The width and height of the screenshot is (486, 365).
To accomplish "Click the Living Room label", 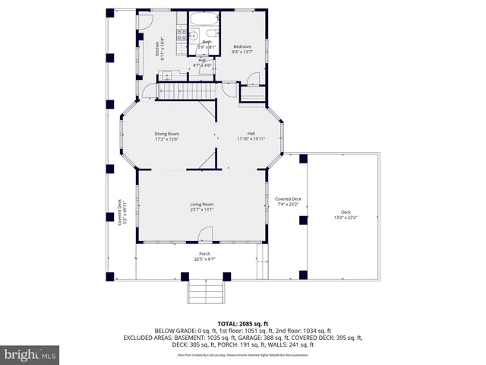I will point(201,204).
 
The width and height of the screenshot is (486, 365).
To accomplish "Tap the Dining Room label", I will point(168,133).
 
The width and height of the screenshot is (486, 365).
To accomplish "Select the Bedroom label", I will point(241,47).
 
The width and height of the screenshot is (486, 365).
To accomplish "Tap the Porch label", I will point(204,253).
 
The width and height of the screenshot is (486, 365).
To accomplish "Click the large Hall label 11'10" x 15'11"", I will point(250,135).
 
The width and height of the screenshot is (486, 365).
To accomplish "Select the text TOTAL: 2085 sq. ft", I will point(242,324).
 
